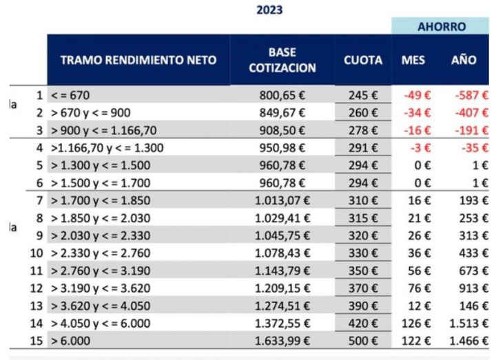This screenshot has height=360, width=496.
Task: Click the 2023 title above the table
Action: (269, 10)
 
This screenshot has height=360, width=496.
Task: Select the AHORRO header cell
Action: (442, 27)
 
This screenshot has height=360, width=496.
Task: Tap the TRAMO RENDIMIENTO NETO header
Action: (138, 60)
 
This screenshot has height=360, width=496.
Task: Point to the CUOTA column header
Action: (363, 60)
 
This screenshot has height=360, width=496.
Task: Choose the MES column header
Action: (413, 60)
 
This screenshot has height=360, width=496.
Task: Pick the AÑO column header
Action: (464, 60)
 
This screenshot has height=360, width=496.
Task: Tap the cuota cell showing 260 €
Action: (362, 112)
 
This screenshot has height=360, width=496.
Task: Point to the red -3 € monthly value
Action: (420, 147)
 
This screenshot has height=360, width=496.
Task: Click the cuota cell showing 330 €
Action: (362, 253)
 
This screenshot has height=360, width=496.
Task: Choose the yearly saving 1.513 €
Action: (472, 323)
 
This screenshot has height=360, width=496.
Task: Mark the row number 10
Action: (38, 253)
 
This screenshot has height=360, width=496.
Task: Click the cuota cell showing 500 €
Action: (362, 341)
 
